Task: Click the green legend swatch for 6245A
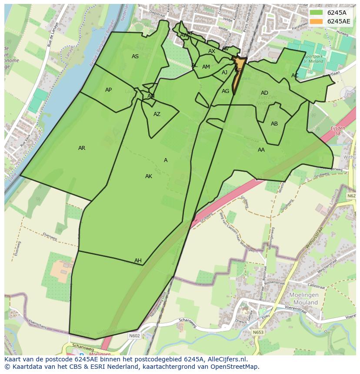pos(317,13)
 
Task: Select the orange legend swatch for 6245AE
pos(317,21)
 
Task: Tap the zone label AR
pos(82,148)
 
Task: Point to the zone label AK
pos(149,176)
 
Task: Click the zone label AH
pos(138,261)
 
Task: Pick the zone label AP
pos(108,90)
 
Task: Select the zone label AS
pos(135,56)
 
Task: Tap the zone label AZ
pos(157,114)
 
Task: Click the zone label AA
pos(261,150)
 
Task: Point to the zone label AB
pos(274,124)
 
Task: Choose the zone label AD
pos(264,93)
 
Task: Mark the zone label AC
pos(295,76)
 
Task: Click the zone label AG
pos(225,91)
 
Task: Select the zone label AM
pos(206,67)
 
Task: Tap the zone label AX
pos(212,51)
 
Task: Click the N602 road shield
pos(134,335)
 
